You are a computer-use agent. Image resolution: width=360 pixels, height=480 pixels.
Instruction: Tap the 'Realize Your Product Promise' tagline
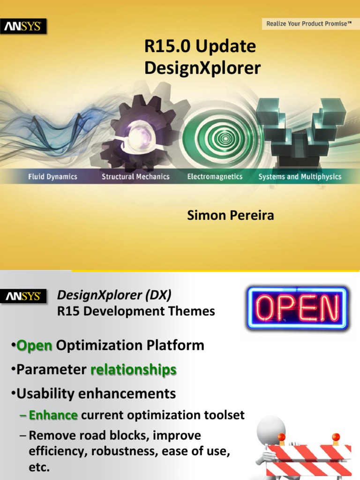tap(309, 23)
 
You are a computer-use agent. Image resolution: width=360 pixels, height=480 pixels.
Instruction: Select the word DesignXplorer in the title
tap(202, 68)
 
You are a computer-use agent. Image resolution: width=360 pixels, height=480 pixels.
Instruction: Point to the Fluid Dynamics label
tap(52, 177)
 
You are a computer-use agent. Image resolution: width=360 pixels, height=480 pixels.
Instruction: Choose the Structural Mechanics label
tap(136, 177)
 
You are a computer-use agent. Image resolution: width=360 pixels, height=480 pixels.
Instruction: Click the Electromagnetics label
tap(215, 177)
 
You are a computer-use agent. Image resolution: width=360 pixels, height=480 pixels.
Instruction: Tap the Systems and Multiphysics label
tap(300, 177)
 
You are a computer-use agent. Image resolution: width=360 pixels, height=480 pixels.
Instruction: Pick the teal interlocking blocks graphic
tap(300, 129)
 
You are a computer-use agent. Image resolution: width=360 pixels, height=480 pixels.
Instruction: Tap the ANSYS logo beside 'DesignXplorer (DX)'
tap(23, 296)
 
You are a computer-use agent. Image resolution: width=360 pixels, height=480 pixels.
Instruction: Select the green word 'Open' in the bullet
tap(34, 346)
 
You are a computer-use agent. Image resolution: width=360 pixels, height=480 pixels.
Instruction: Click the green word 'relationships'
tap(134, 370)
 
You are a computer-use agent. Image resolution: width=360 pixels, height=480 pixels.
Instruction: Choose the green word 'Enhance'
tap(53, 415)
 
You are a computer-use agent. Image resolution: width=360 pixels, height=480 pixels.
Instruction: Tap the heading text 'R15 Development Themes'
tap(136, 311)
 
